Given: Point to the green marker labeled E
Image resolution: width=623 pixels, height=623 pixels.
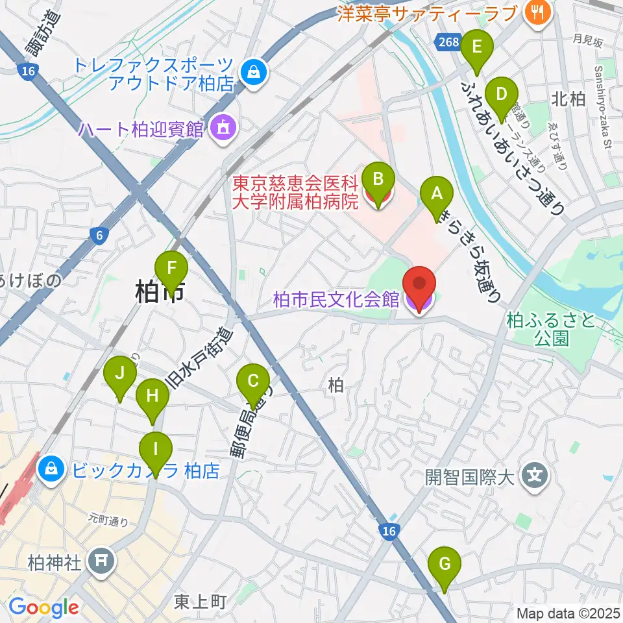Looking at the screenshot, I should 477,47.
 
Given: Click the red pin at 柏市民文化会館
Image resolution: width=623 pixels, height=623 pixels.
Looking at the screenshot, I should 419,286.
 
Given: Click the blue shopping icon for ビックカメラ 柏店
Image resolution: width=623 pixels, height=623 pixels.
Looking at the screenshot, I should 50,469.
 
